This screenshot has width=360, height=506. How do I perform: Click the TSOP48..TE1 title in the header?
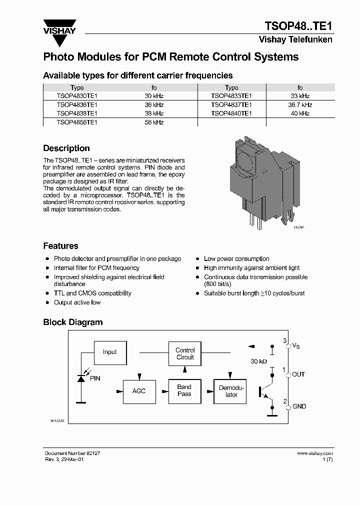[x=298, y=26]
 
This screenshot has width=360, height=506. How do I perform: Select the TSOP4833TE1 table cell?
[x=231, y=96]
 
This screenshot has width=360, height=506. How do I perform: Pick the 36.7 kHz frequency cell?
[x=300, y=105]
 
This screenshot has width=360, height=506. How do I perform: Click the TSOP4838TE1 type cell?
[x=76, y=113]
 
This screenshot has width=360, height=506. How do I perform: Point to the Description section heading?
[x=66, y=148]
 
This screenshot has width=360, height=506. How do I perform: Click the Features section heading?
[x=60, y=246]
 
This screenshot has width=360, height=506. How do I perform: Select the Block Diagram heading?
[x=72, y=322]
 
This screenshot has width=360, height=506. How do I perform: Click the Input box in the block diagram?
[x=109, y=352]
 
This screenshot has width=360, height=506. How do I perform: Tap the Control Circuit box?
[x=185, y=353]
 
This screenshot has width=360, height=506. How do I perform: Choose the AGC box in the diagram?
[x=138, y=390]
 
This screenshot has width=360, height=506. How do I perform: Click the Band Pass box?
[x=184, y=390]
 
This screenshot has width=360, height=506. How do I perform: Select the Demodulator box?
[x=231, y=391]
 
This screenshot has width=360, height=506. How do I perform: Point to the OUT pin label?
[x=298, y=374]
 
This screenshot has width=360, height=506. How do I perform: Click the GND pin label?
[x=299, y=406]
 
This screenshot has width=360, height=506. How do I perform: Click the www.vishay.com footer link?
[x=314, y=453]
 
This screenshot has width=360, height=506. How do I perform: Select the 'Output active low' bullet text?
[x=77, y=302]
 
